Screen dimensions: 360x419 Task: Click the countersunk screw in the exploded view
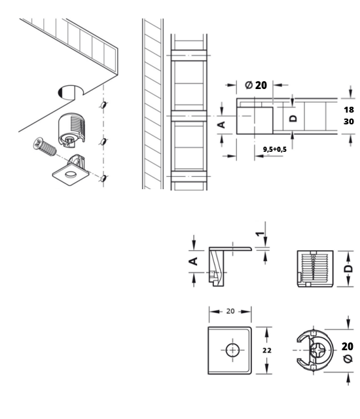45,147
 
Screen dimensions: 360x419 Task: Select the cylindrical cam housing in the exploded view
71,130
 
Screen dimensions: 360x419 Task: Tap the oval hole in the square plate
71,175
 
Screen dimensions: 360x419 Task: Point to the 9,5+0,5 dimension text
274,149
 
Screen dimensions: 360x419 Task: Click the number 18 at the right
349,109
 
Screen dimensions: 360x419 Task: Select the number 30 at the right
349,122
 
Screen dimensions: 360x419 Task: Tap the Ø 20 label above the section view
255,85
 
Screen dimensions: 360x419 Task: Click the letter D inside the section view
293,118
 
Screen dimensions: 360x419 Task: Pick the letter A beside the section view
222,124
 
